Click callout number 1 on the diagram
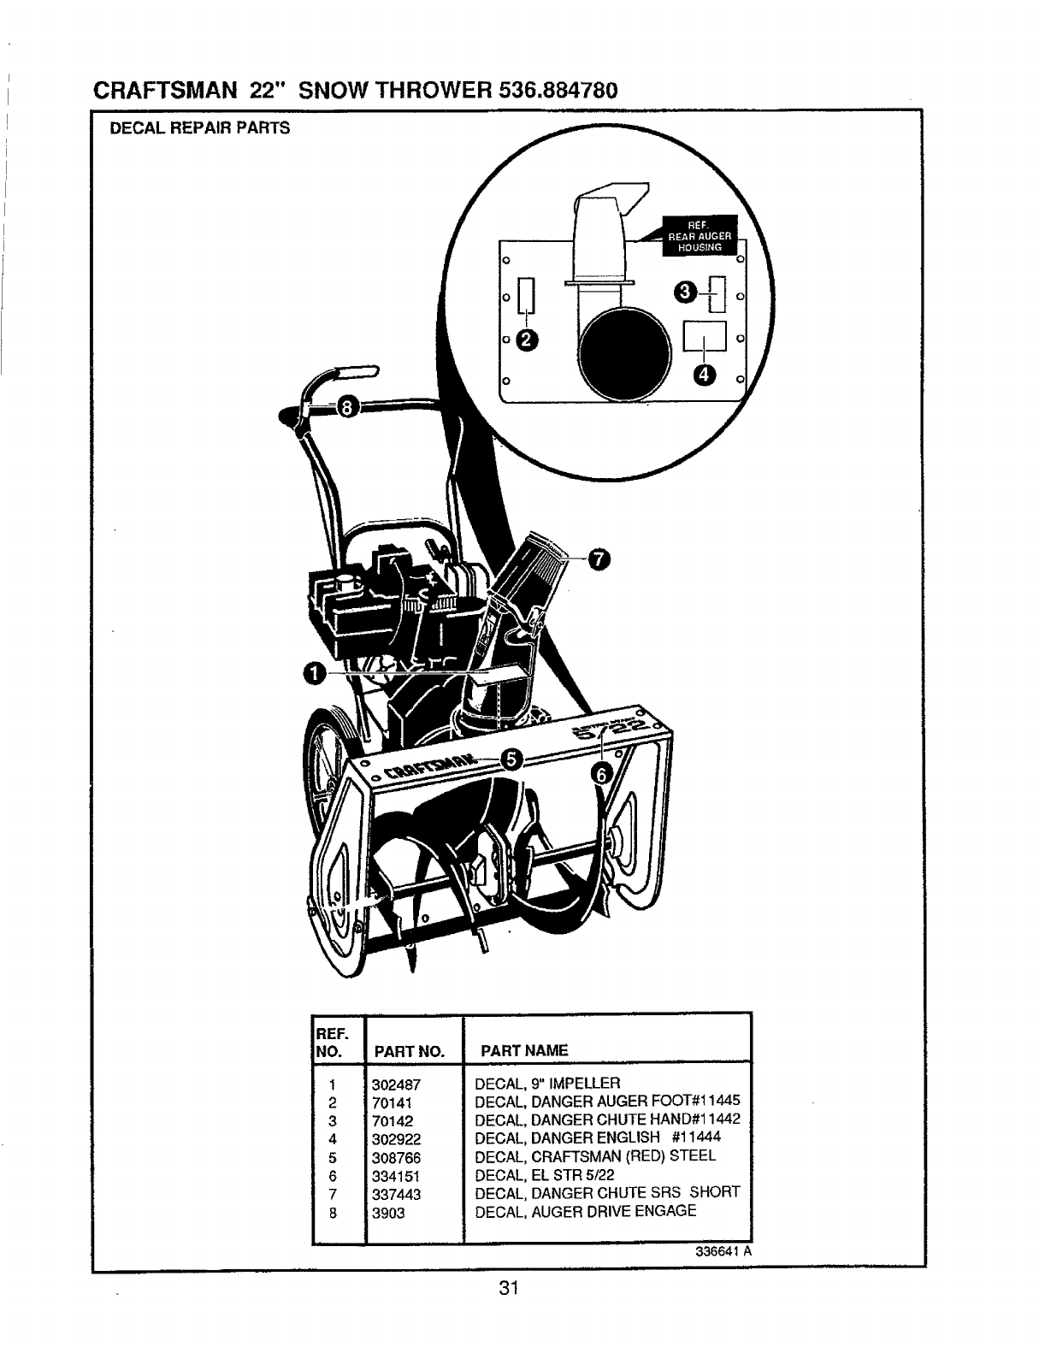314,674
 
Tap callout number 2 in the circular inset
527,340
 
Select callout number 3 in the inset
685,292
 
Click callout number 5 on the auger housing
511,759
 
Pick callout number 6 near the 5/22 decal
601,773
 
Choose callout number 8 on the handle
346,405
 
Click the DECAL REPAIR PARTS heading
199,128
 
